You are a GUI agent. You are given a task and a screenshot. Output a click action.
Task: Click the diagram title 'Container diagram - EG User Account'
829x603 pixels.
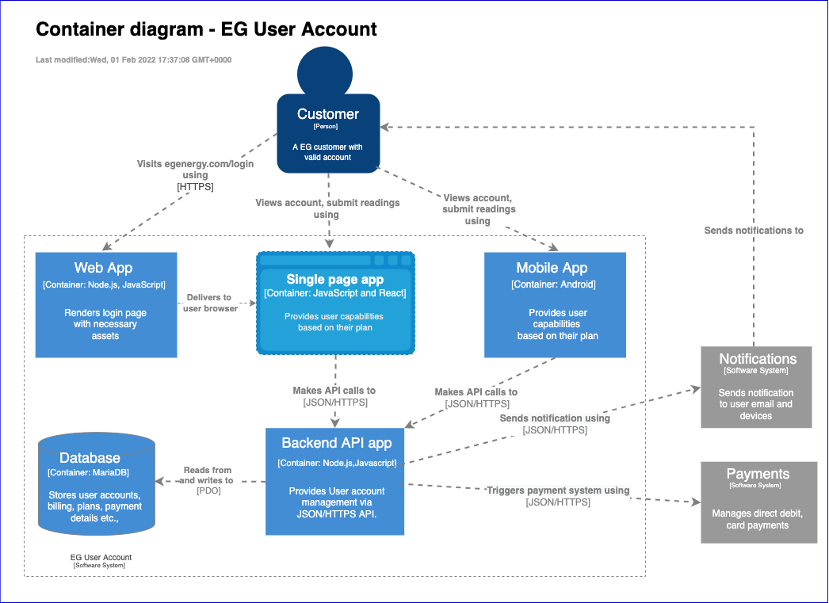pyautogui.click(x=206, y=30)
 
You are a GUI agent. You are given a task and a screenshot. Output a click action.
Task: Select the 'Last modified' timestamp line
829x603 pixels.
pyautogui.click(x=133, y=60)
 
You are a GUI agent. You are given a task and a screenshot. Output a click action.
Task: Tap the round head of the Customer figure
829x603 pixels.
pyautogui.click(x=325, y=72)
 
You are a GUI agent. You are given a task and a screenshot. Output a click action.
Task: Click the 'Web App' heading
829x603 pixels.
pyautogui.click(x=103, y=268)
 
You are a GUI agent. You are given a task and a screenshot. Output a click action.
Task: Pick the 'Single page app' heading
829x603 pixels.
pyautogui.click(x=334, y=279)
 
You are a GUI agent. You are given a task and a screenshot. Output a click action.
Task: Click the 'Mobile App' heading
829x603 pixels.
pyautogui.click(x=552, y=268)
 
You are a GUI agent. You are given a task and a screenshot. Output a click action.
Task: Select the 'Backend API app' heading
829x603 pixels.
pyautogui.click(x=336, y=443)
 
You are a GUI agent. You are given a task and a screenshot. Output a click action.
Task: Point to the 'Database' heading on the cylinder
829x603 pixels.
pyautogui.click(x=90, y=458)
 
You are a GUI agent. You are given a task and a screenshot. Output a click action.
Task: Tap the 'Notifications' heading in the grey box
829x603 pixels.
pyautogui.click(x=757, y=359)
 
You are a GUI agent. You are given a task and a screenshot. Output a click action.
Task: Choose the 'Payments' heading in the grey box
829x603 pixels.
pyautogui.click(x=758, y=474)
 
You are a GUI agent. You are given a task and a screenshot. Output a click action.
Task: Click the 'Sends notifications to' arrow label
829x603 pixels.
pyautogui.click(x=754, y=231)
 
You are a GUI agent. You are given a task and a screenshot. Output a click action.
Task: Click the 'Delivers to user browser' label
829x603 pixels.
pyautogui.click(x=210, y=303)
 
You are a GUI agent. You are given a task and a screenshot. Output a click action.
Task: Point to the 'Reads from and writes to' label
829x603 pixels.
pyautogui.click(x=208, y=475)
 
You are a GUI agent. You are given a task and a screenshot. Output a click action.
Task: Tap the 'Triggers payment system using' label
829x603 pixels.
pyautogui.click(x=558, y=490)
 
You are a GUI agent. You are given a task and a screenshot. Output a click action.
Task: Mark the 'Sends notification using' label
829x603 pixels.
pyautogui.click(x=555, y=418)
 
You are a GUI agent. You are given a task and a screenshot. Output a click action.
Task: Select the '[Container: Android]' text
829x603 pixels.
pyautogui.click(x=553, y=284)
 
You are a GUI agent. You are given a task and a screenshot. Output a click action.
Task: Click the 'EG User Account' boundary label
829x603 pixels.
pyautogui.click(x=101, y=558)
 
